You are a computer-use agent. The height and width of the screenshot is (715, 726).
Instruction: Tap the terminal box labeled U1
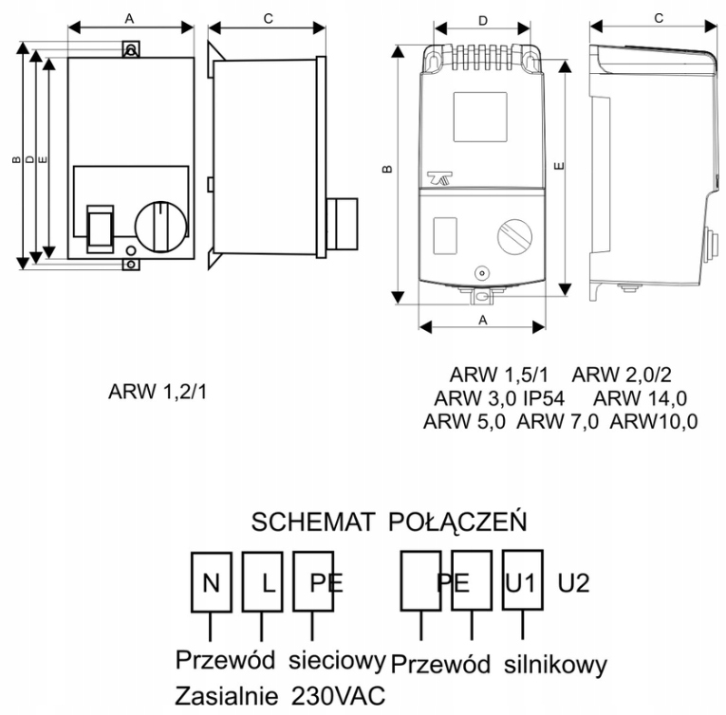[x=521, y=580]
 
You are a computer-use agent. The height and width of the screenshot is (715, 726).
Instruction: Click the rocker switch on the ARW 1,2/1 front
[x=100, y=227]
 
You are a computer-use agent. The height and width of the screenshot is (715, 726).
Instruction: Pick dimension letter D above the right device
[x=483, y=19]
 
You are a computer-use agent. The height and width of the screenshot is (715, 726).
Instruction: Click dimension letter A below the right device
[x=483, y=320]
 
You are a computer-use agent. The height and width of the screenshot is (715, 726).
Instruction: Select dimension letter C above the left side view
[x=267, y=18]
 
